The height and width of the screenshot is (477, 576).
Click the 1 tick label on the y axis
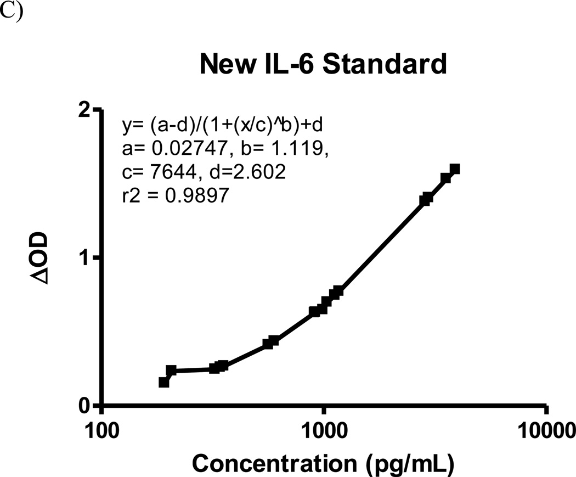coord(84,258)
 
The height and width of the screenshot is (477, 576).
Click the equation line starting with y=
coord(222,126)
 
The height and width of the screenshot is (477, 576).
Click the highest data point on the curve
coord(454,169)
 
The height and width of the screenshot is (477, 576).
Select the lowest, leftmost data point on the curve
coord(163,382)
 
